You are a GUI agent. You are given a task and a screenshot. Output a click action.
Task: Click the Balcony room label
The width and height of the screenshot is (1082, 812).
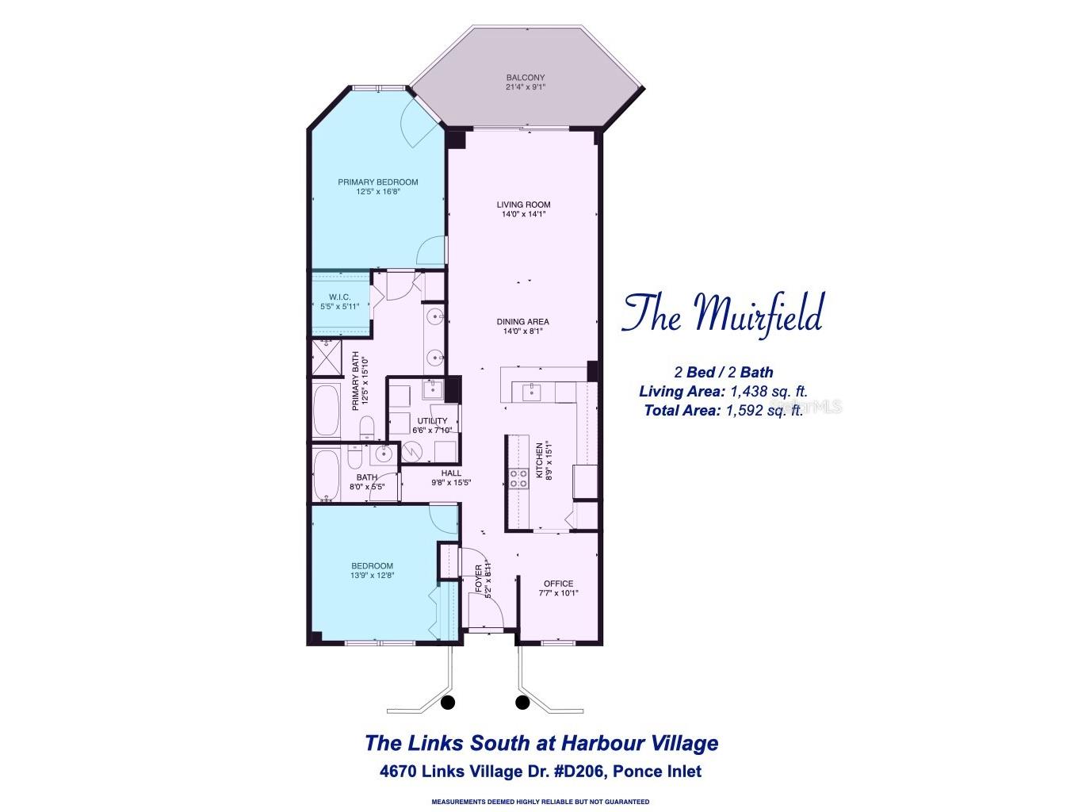tap(526, 78)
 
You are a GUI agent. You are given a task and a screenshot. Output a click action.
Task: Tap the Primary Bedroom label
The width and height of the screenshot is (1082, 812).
tap(377, 182)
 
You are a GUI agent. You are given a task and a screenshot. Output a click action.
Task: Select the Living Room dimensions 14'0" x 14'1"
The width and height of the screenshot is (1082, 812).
tap(524, 214)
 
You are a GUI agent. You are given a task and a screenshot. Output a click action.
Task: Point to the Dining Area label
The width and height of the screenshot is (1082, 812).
tap(523, 322)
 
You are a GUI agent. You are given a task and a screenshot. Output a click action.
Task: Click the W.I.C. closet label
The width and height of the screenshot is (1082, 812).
tap(340, 297)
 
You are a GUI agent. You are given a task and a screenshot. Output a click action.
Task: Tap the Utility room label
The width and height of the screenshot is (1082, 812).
tap(432, 421)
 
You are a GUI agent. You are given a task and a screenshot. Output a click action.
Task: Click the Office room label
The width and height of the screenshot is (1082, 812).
tap(558, 584)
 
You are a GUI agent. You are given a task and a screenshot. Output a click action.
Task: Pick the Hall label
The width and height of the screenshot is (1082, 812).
tap(451, 473)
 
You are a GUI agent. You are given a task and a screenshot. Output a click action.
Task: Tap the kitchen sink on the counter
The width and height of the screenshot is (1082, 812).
tap(530, 391)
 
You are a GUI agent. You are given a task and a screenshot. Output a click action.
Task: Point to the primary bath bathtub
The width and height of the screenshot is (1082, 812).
tap(326, 411)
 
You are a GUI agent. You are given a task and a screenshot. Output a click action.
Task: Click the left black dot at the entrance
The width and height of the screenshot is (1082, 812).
tap(447, 702)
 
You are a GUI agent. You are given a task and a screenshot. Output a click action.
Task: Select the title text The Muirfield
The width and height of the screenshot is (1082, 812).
tap(722, 313)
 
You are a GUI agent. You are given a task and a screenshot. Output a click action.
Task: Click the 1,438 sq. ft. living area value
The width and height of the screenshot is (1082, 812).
tap(768, 392)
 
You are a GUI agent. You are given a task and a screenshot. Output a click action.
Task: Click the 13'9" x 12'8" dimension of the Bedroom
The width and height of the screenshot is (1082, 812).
tap(372, 576)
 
